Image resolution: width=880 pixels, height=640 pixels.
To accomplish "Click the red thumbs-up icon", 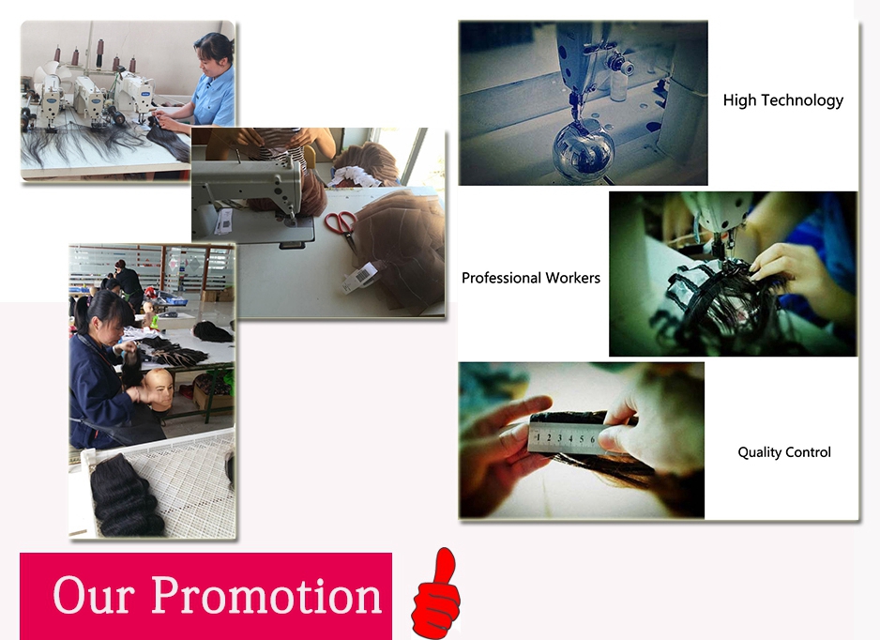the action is (436, 595).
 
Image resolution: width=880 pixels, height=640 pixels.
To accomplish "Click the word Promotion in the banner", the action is (267, 595).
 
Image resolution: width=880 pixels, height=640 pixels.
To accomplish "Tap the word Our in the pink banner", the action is (94, 595).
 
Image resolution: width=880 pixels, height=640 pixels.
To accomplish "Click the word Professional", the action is (501, 278).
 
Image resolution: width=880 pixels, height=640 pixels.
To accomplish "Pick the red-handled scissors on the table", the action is (341, 227).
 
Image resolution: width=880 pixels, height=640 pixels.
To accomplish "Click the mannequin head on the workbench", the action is (159, 388).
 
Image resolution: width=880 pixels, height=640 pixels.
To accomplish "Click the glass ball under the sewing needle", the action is (584, 148).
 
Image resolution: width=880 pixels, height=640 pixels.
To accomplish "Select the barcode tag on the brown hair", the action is (359, 277).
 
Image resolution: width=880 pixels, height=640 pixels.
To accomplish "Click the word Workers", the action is (573, 278).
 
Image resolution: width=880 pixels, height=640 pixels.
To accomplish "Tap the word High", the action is (739, 100).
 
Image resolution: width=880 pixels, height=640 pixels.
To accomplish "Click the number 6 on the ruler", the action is (593, 439).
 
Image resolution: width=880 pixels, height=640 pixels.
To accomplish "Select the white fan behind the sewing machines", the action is (52, 79).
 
